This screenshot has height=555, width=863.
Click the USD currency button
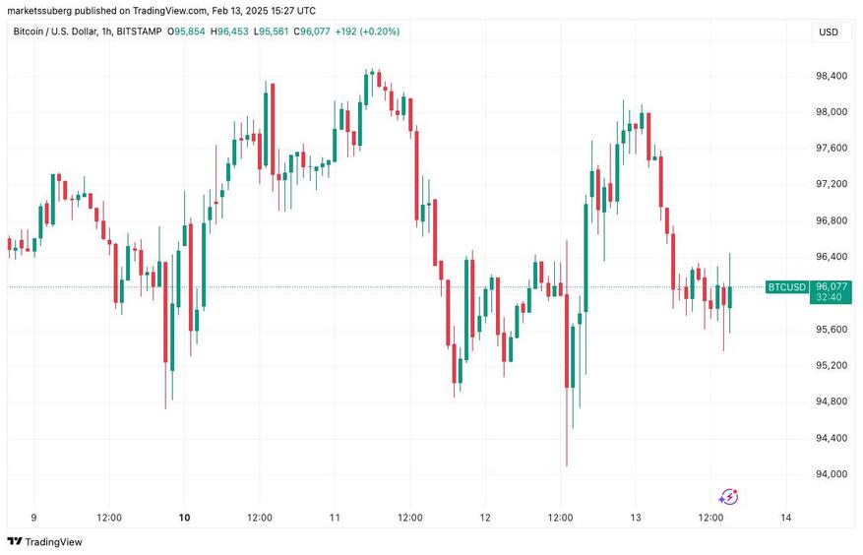pyautogui.click(x=828, y=32)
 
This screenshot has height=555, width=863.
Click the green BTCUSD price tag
pyautogui.click(x=787, y=287)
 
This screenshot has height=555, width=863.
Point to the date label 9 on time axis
pyautogui.click(x=34, y=518)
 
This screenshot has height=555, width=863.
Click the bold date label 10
pyautogui.click(x=184, y=518)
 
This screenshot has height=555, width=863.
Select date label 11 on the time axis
pyautogui.click(x=335, y=518)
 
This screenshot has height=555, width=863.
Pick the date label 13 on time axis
pyautogui.click(x=636, y=518)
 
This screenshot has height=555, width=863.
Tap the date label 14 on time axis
pyautogui.click(x=785, y=518)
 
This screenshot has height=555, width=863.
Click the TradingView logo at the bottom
pyautogui.click(x=45, y=541)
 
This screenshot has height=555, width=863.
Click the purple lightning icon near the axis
pyautogui.click(x=729, y=497)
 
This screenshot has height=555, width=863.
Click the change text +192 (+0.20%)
pyautogui.click(x=366, y=31)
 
